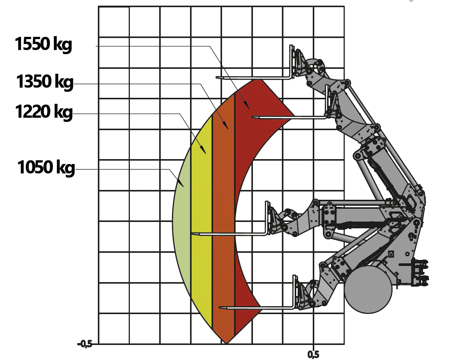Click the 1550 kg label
click(43, 44)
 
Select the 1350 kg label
click(45, 82)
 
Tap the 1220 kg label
click(44, 112)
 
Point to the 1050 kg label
click(46, 167)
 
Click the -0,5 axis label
click(85, 344)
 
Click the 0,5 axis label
click(313, 355)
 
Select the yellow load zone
click(202, 223)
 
